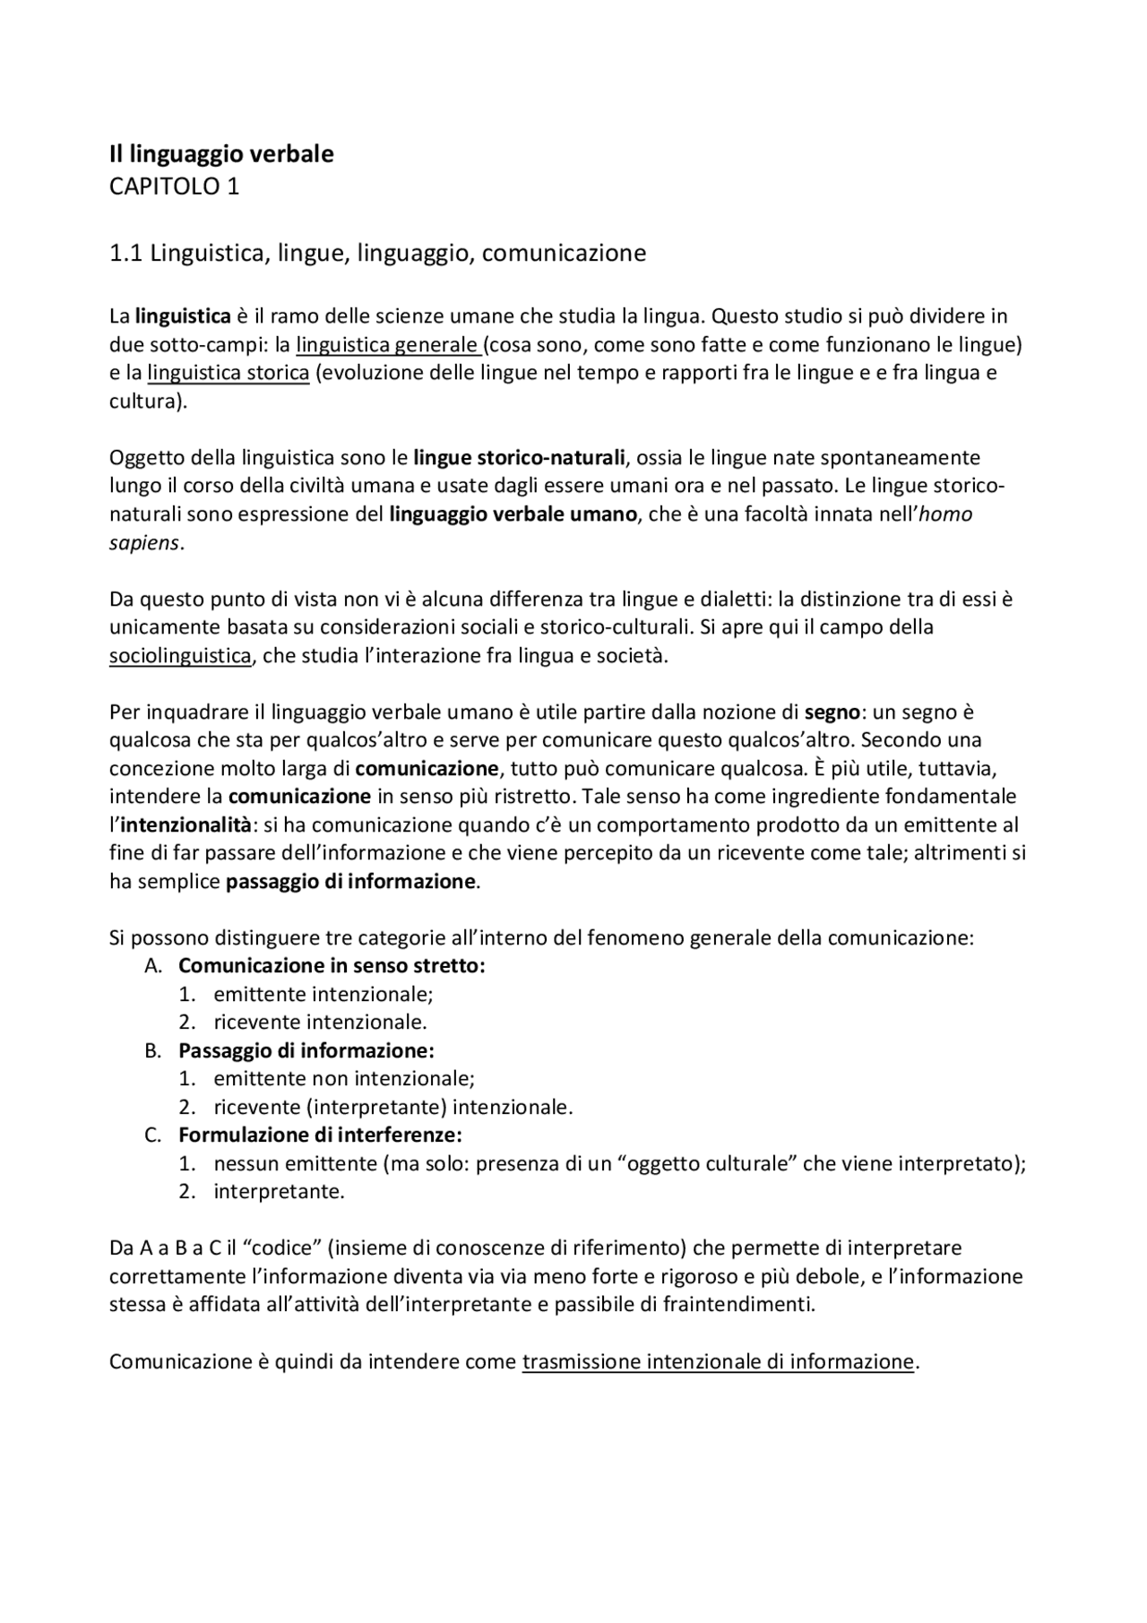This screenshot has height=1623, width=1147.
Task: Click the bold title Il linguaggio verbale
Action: [221, 154]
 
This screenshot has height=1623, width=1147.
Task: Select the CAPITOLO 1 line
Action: [174, 186]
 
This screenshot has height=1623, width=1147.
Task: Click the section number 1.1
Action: [125, 254]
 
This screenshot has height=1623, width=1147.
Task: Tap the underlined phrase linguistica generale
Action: [388, 345]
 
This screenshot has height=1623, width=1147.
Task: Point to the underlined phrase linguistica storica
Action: [229, 373]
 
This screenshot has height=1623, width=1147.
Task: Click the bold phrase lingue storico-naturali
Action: [519, 458]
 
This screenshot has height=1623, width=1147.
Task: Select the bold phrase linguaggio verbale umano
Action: [513, 514]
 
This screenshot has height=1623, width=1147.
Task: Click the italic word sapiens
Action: [144, 543]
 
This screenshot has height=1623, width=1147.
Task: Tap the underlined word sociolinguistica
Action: [180, 656]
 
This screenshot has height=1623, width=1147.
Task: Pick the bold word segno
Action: [832, 712]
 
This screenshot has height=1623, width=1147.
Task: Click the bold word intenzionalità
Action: [185, 825]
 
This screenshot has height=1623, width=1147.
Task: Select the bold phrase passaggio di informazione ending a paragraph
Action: [350, 882]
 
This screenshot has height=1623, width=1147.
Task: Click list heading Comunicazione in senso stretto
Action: [332, 966]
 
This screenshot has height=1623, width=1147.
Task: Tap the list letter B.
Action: [152, 1050]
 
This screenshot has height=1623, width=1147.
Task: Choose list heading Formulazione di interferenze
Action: [320, 1135]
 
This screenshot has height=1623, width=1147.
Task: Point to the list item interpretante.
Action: [279, 1192]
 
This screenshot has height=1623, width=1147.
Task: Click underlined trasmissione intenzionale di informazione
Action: [718, 1362]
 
